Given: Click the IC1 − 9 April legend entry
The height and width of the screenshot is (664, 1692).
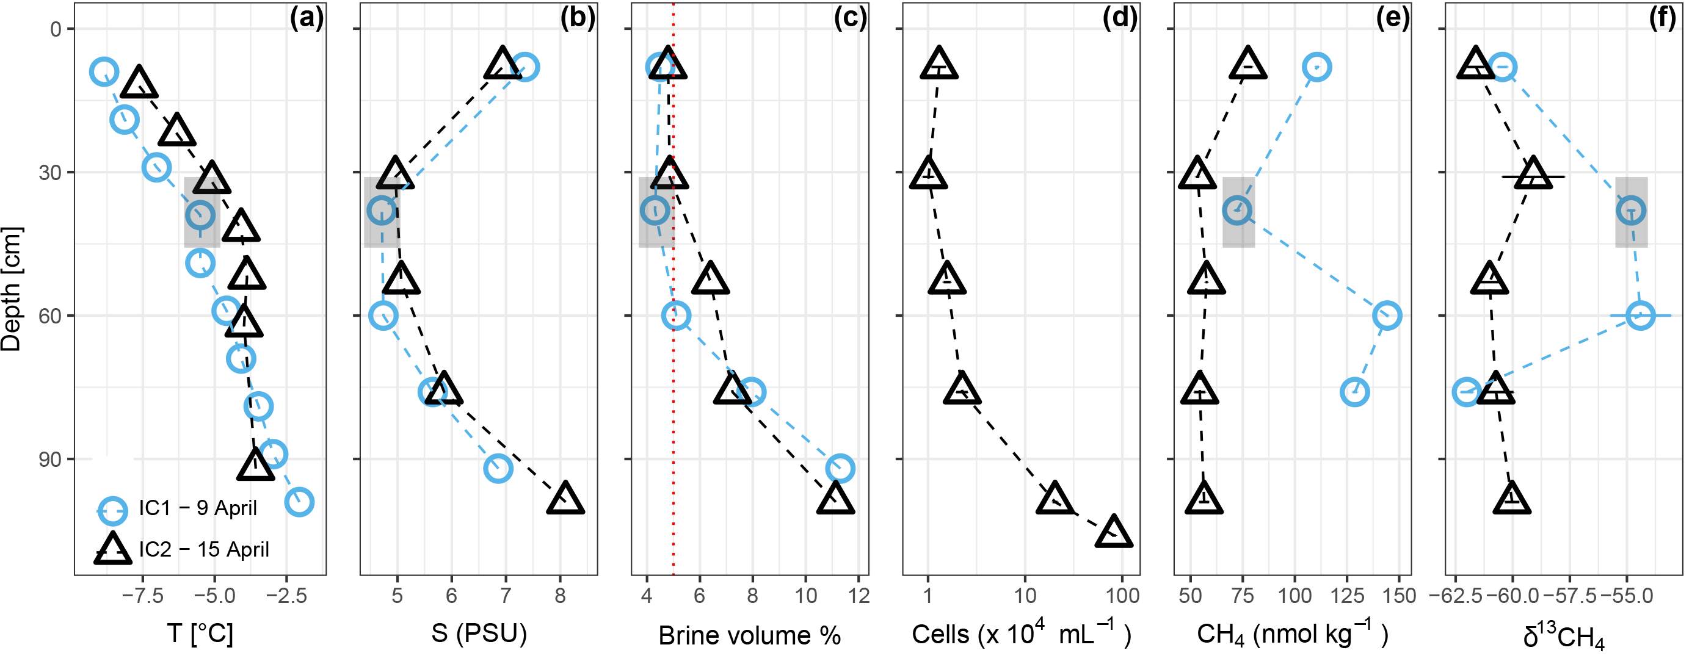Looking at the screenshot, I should [197, 508].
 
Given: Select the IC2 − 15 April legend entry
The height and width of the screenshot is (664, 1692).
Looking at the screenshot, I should [203, 549].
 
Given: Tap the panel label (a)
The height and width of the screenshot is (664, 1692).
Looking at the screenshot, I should [307, 18].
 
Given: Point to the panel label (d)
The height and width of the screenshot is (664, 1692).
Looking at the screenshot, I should [1120, 18].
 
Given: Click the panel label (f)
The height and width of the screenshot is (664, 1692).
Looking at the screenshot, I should [1663, 18].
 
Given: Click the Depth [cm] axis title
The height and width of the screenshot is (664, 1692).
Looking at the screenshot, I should [12, 289].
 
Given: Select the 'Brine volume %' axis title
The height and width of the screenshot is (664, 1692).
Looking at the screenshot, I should [749, 635].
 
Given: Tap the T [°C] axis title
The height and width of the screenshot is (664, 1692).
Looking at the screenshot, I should [200, 633].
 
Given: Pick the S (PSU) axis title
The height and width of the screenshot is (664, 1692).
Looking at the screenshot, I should [479, 633].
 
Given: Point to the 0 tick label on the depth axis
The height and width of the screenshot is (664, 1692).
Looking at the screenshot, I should [56, 29].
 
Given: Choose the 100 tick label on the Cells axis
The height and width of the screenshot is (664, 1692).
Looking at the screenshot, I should [1122, 596].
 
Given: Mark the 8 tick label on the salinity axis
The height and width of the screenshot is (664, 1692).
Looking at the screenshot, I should [559, 596].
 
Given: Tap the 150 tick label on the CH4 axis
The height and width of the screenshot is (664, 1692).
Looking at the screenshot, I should [1399, 596].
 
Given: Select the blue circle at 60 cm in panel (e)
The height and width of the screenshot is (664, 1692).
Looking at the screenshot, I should [1387, 316].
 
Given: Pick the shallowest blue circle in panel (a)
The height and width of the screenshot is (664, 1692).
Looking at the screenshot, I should [104, 71].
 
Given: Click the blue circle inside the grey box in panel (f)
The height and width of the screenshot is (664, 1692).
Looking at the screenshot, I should [1632, 211].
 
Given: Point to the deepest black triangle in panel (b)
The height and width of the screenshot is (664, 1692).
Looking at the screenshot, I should [565, 499].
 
